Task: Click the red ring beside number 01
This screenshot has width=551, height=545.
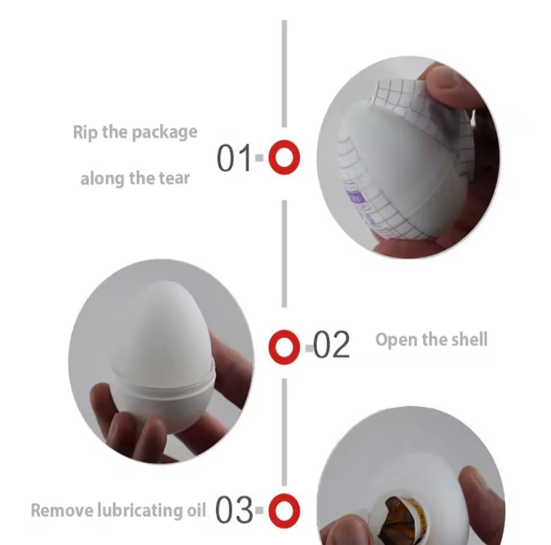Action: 284,157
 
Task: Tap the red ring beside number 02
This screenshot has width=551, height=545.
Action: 284,347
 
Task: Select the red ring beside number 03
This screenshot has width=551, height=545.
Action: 284,511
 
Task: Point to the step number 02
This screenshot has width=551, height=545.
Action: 331,345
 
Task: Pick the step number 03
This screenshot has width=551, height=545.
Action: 234,511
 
